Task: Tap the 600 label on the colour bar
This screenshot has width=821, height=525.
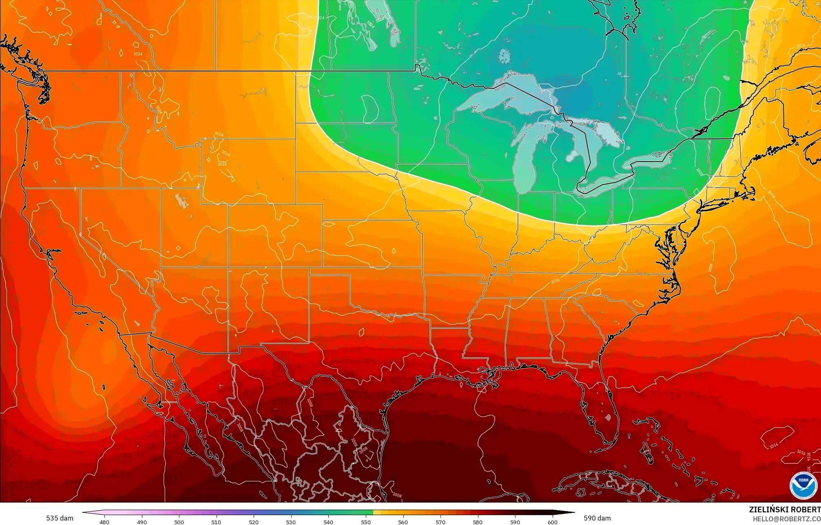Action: [552, 522]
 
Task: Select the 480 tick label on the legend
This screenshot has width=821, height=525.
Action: [104, 522]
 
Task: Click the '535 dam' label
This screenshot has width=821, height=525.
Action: [60, 518]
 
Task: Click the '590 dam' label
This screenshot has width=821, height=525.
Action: [597, 518]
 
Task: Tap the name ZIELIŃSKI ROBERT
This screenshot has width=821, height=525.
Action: [784, 509]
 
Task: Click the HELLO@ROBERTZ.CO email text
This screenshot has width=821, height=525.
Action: [786, 518]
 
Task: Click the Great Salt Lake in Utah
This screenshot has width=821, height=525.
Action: [179, 200]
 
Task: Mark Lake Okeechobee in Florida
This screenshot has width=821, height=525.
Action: [608, 417]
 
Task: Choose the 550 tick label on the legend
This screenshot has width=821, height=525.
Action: [366, 522]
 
